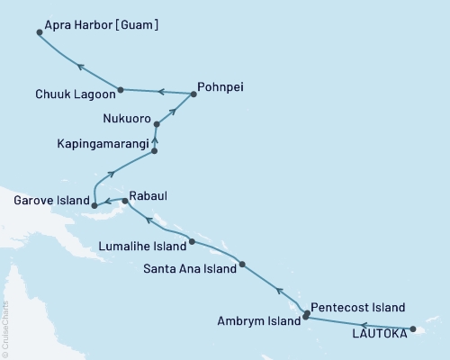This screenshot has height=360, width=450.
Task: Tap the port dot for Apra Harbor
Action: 40,32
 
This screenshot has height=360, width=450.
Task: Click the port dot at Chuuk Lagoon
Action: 120,89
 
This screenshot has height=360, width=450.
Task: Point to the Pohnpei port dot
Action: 193,93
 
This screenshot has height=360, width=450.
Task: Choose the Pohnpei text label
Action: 223,88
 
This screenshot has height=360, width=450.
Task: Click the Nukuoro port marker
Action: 157,124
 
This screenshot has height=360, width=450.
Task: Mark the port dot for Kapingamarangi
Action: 155,151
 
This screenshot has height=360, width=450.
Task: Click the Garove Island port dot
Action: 94,206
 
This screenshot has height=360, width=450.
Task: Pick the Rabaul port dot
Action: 125,201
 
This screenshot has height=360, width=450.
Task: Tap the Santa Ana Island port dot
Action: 242,264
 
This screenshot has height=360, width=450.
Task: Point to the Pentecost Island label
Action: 356,307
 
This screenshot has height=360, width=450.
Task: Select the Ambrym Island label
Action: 260,320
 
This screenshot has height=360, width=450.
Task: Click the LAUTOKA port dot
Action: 412,329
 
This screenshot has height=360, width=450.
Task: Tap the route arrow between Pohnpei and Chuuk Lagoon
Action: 160,91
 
